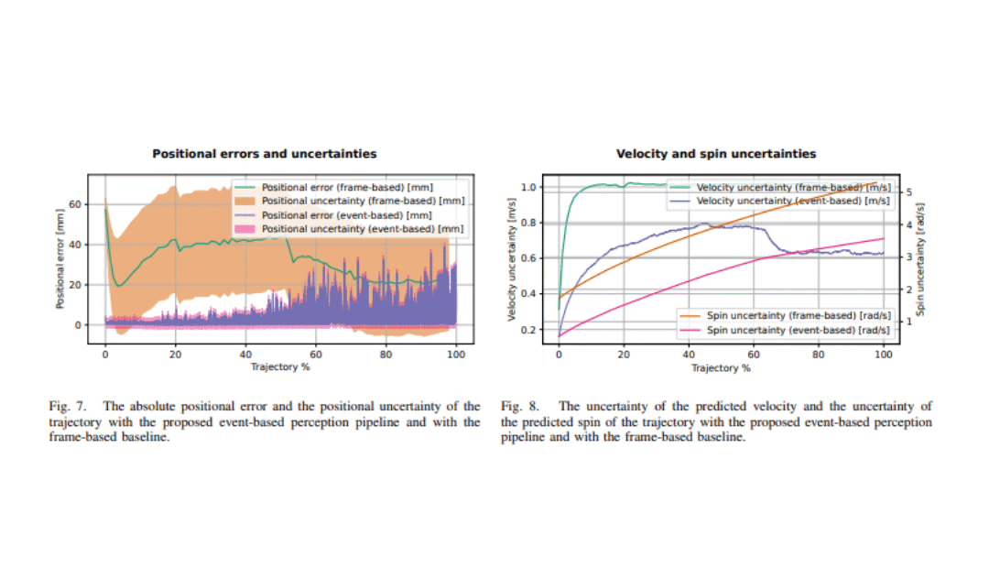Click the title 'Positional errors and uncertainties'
click(264, 154)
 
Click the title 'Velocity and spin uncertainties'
click(715, 154)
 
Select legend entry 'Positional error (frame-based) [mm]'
click(347, 187)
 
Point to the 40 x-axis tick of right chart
click(688, 355)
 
